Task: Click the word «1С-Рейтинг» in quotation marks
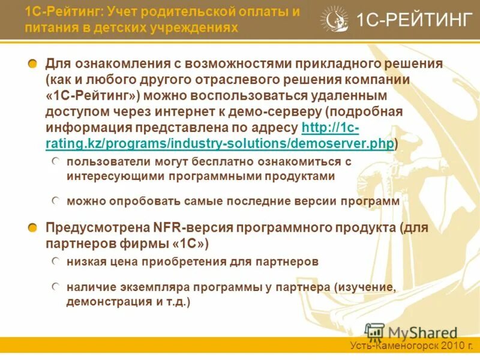tap(92, 96)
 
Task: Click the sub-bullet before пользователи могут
tap(55, 161)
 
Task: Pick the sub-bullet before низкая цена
tap(55, 261)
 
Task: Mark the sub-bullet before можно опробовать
tap(55, 201)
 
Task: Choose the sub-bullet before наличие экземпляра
tap(55, 287)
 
